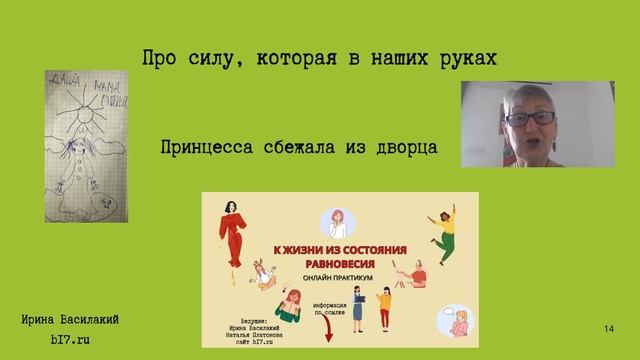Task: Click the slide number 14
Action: pos(609,329)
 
